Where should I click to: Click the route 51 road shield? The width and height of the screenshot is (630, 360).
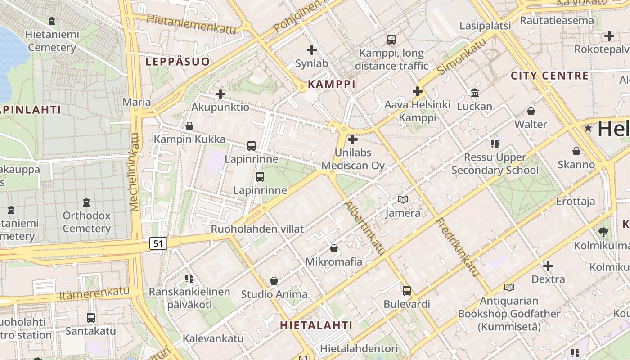[157, 243]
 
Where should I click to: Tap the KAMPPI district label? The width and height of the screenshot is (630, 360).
[332, 84]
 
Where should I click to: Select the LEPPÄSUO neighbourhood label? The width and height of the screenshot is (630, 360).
[178, 62]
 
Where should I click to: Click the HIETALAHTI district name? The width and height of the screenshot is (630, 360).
[316, 325]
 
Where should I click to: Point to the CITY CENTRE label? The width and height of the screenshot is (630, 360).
[549, 75]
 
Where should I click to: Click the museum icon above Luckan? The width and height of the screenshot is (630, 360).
[474, 93]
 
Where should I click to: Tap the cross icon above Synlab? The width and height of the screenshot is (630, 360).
[311, 50]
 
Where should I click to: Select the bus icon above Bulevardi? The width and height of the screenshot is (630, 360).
[407, 291]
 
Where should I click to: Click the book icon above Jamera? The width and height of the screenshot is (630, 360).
[403, 199]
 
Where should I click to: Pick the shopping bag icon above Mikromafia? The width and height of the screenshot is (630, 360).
[334, 248]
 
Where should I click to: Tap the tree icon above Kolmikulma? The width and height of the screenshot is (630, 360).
[603, 232]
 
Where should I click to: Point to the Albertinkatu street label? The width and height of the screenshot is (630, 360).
[364, 228]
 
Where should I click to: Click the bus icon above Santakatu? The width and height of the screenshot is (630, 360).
[91, 318]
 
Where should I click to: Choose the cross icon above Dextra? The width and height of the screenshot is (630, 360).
[548, 266]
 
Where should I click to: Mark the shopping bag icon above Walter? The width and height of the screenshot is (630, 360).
[531, 111]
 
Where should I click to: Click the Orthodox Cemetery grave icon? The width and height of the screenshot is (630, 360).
[86, 202]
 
